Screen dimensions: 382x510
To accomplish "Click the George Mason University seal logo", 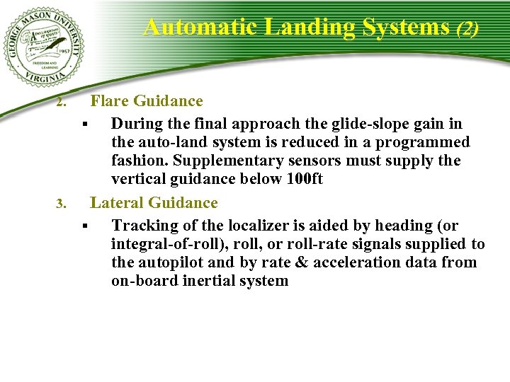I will coord(42,47).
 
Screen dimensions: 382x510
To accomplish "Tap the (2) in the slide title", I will coord(467,28).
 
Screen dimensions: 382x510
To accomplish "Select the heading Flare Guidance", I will coord(147,101).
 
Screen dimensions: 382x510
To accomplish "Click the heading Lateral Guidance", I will coord(154,203).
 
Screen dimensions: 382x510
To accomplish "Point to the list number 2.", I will coord(62,103).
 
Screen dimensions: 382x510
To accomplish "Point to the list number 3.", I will coord(62,205).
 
